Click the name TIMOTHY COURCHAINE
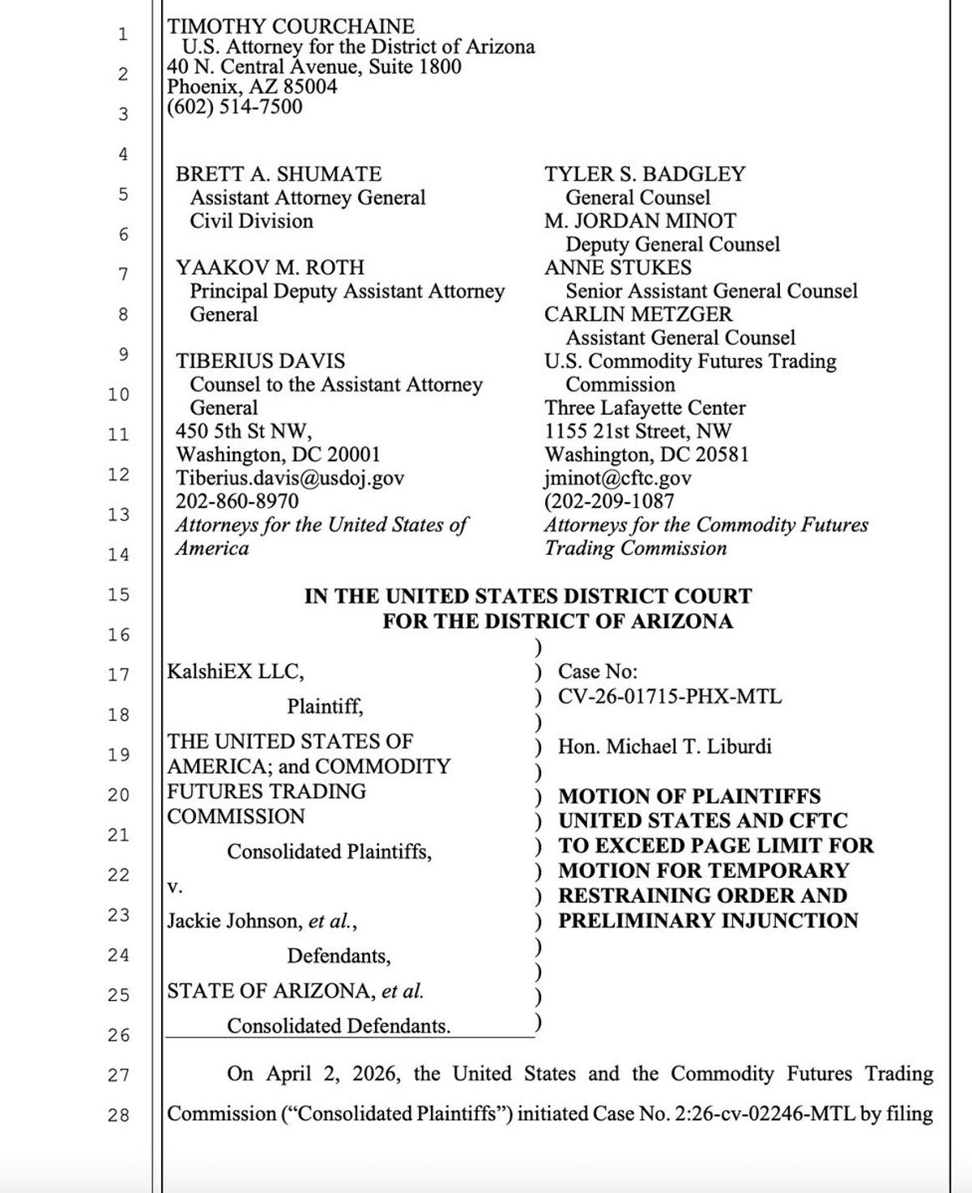(290, 27)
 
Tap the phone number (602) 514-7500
(234, 107)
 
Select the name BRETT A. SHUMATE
(279, 174)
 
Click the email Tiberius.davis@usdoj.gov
(290, 478)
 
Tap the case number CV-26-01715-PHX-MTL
(670, 697)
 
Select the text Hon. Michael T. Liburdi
(664, 746)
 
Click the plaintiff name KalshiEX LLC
(235, 671)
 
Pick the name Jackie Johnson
(233, 921)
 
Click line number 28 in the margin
(118, 1115)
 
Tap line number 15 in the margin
(118, 594)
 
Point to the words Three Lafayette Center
(645, 407)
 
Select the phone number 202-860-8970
(237, 501)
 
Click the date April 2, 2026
(334, 1074)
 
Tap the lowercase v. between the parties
(174, 887)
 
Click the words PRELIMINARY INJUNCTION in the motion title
(708, 921)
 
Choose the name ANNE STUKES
(618, 267)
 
